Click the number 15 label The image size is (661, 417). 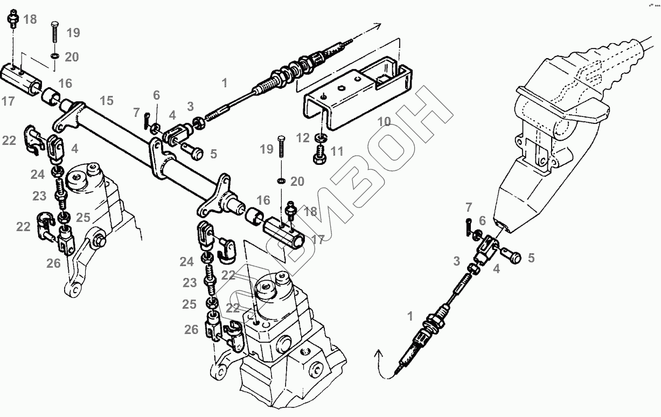[x=106, y=100]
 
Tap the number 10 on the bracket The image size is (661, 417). [x=384, y=121]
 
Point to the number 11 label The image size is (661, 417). [x=337, y=151]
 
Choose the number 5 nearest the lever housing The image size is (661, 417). [x=531, y=258]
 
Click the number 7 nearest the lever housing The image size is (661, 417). [x=468, y=207]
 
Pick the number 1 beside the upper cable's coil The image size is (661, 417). [x=224, y=83]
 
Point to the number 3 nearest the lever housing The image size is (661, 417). [x=457, y=261]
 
